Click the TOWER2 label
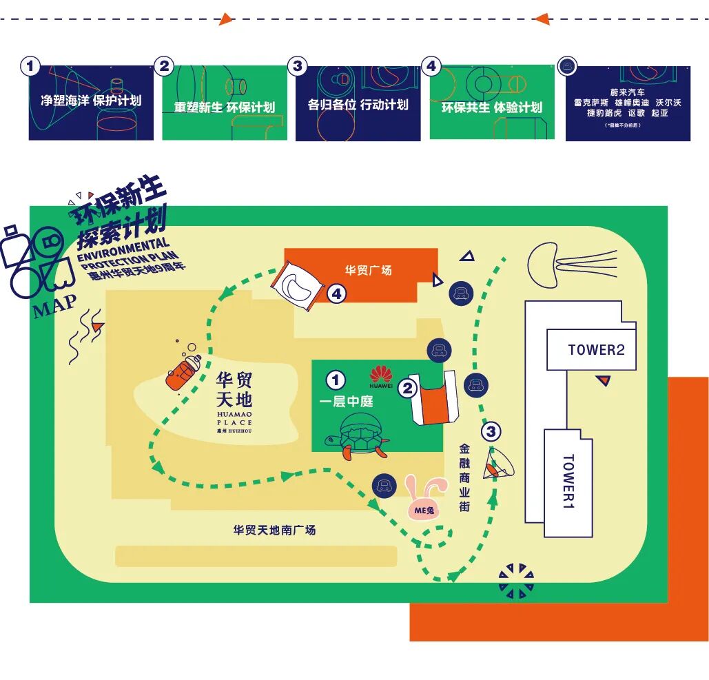(x=596, y=349)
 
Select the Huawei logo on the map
(x=381, y=377)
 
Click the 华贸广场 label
(x=368, y=270)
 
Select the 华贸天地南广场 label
(x=274, y=530)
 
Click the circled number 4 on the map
(x=336, y=294)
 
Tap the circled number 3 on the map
(x=491, y=432)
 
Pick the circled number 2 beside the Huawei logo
(x=408, y=389)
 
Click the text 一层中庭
(x=341, y=402)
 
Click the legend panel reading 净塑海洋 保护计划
(x=91, y=103)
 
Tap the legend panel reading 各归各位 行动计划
(x=358, y=103)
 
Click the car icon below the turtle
(x=384, y=486)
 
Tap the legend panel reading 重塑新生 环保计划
(x=225, y=103)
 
